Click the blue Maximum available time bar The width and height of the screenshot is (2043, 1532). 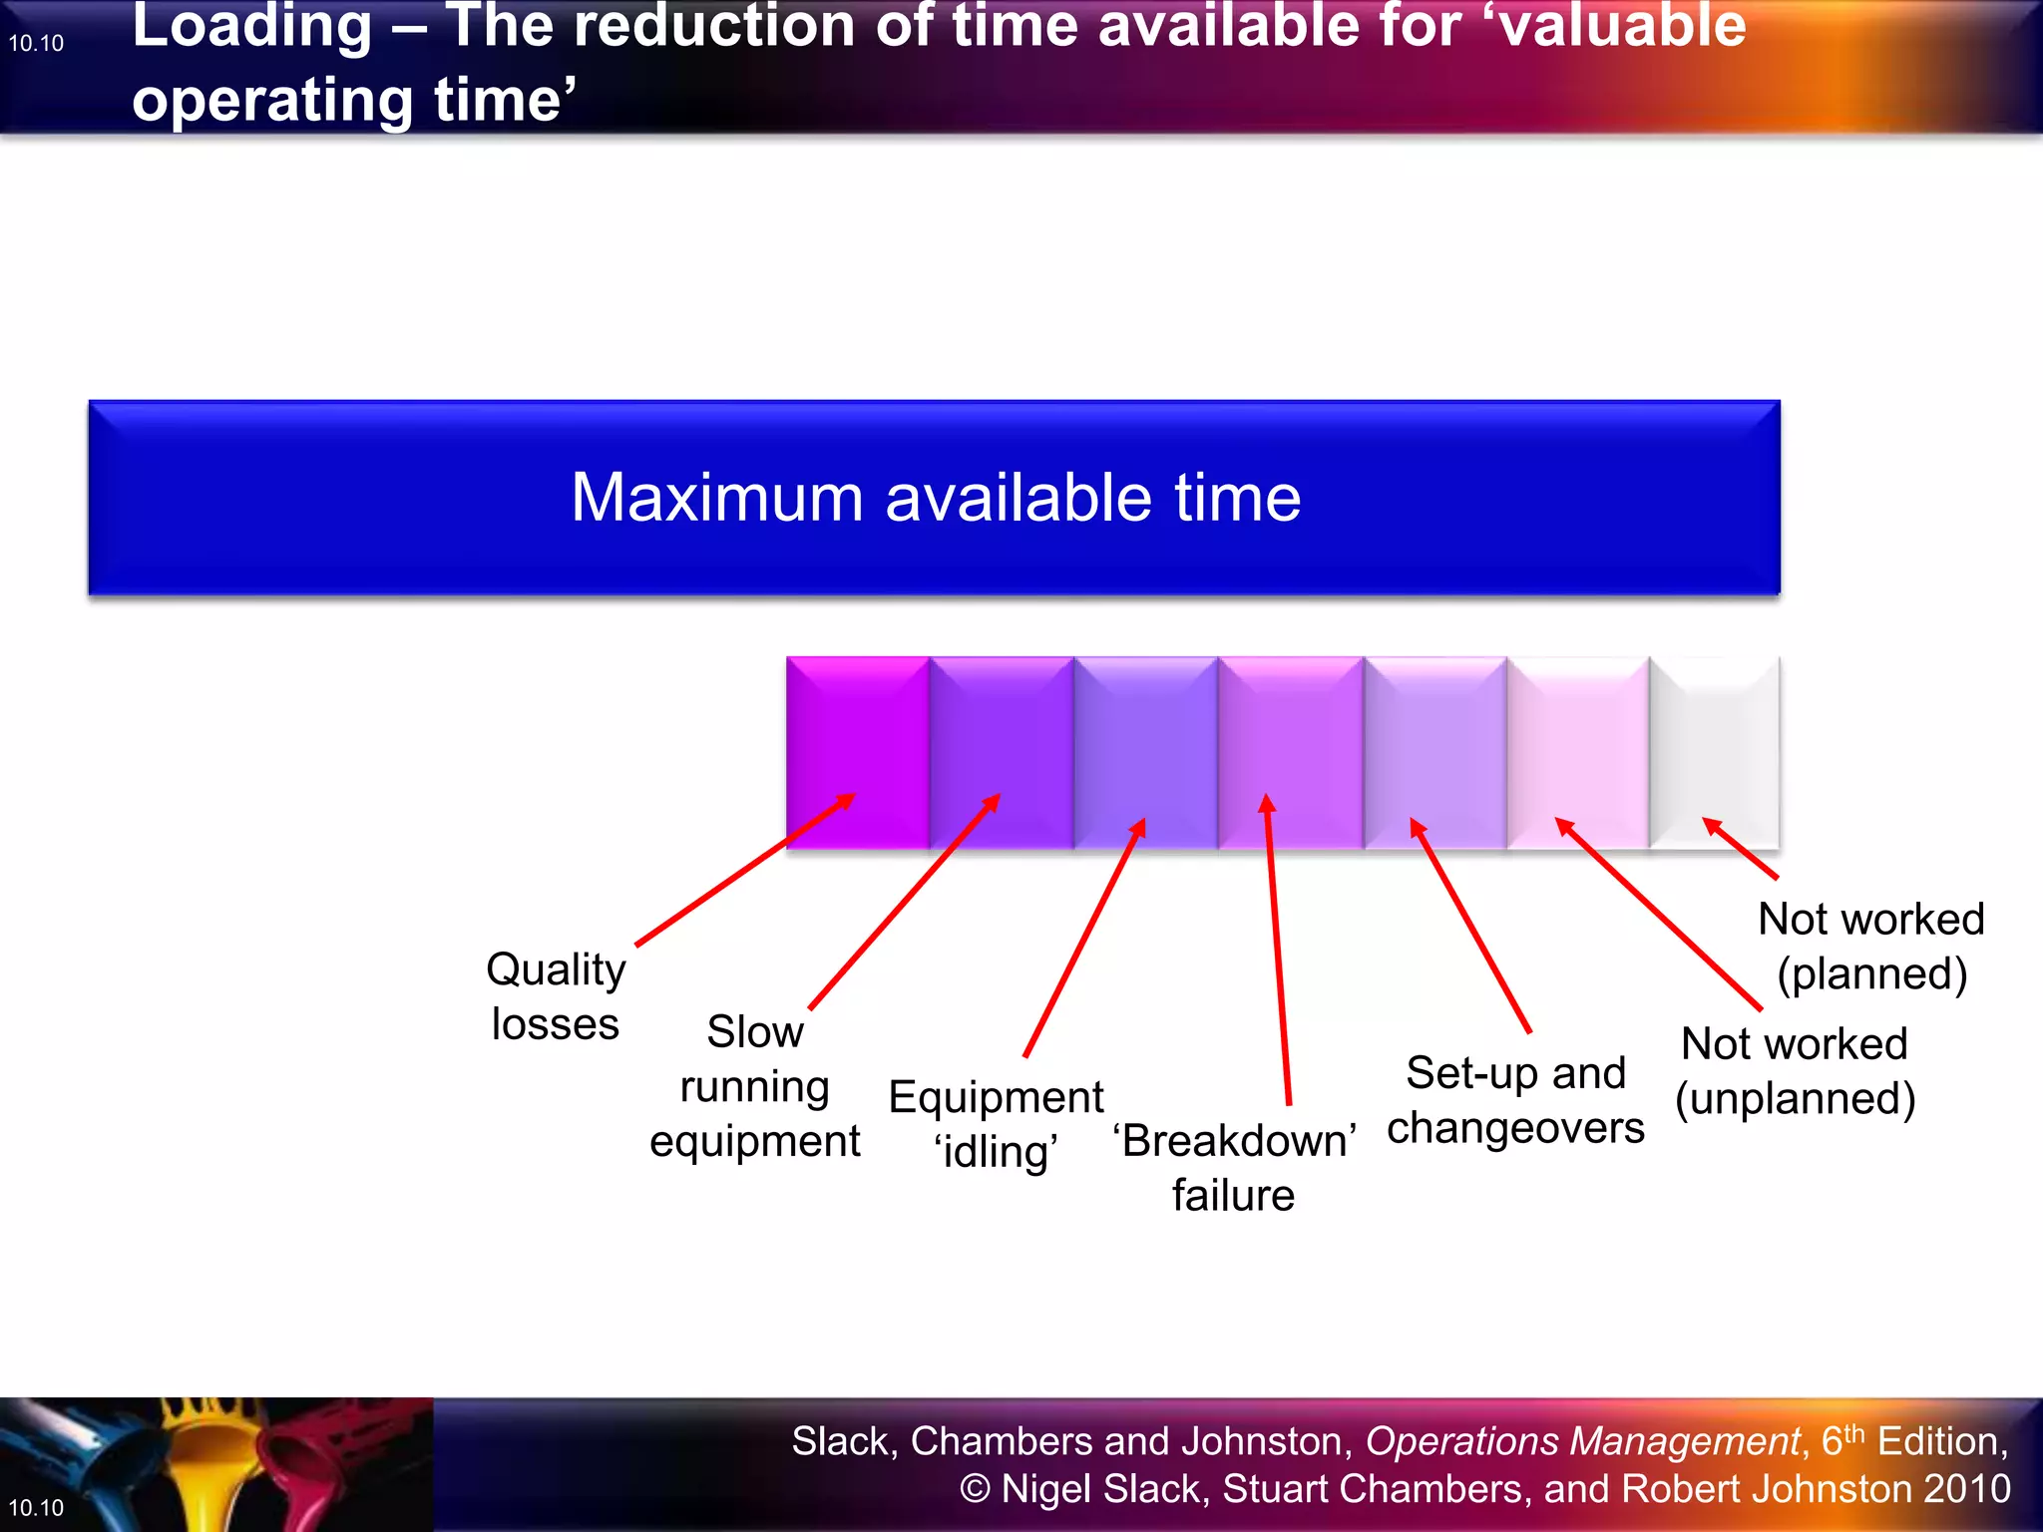point(934,497)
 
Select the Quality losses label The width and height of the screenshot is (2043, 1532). point(556,996)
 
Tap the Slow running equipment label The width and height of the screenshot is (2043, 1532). point(754,1086)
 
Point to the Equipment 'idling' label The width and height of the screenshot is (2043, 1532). point(996,1124)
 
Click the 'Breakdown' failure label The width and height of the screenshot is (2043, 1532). point(1234,1167)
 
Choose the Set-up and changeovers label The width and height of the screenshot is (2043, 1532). point(1515,1100)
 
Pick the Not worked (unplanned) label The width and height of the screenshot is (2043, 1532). point(1795,1071)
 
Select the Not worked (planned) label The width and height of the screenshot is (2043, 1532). point(1870,946)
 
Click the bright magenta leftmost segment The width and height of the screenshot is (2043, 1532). point(858,738)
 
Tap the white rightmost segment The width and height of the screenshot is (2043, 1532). point(1714,738)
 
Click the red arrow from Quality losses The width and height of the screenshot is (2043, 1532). point(743,870)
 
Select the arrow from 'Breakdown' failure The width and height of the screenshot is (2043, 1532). point(1278,948)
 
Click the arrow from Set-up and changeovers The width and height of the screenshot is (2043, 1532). point(1469,925)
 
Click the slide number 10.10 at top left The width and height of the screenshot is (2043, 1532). point(36,44)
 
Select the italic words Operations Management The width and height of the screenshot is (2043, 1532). point(1582,1441)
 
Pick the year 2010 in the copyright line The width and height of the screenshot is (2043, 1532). point(1966,1489)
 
